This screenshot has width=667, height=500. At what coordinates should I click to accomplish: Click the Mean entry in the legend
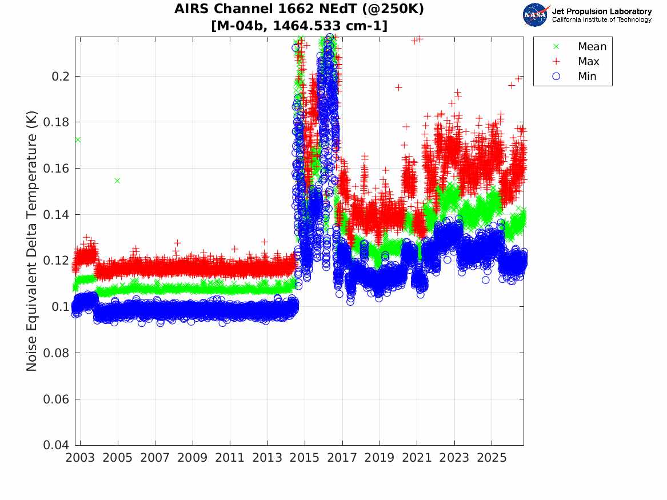point(592,46)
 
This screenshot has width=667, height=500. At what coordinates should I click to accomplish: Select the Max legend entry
point(588,62)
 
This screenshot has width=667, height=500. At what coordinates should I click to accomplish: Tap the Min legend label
point(587,77)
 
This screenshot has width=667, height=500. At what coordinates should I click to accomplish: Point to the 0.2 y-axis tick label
point(60,77)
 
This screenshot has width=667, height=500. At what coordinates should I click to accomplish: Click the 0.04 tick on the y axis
point(55,445)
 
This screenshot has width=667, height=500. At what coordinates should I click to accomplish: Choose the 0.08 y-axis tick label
point(55,353)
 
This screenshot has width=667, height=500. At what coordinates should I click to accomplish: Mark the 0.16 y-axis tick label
point(55,169)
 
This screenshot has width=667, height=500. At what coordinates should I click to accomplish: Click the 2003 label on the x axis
point(80,458)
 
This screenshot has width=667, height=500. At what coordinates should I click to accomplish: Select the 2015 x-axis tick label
point(305,458)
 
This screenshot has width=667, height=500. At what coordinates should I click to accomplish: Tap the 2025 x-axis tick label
point(492,458)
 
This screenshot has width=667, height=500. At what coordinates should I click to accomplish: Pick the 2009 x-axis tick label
point(192,458)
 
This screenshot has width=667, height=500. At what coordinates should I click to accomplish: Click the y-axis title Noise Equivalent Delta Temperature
point(32,241)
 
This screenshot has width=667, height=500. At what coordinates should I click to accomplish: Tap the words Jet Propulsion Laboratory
point(601,11)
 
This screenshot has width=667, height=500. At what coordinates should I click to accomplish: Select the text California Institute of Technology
point(601,19)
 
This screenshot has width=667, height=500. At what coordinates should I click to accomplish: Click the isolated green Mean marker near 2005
point(117,181)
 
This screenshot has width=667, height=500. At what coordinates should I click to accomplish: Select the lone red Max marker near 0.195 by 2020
point(398,87)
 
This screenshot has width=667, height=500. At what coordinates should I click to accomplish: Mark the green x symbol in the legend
point(556,46)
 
